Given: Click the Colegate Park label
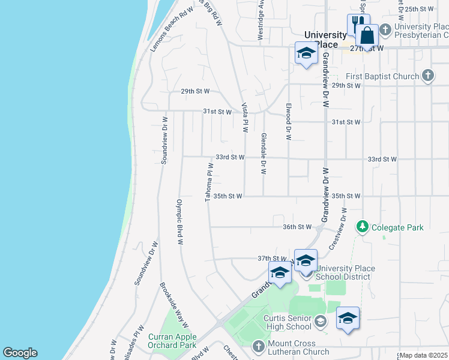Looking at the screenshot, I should [397, 227].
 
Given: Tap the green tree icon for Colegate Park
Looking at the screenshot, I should [362, 227].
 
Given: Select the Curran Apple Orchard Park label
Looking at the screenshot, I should [172, 341].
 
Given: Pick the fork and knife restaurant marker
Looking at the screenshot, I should [357, 25].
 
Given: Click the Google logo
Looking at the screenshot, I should [20, 353].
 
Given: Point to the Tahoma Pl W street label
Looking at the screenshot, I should [209, 182].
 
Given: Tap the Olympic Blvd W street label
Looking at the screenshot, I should [179, 222].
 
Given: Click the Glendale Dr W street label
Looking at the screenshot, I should [263, 154].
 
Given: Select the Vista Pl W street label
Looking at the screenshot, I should [245, 118].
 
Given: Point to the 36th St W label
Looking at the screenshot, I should [298, 227].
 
